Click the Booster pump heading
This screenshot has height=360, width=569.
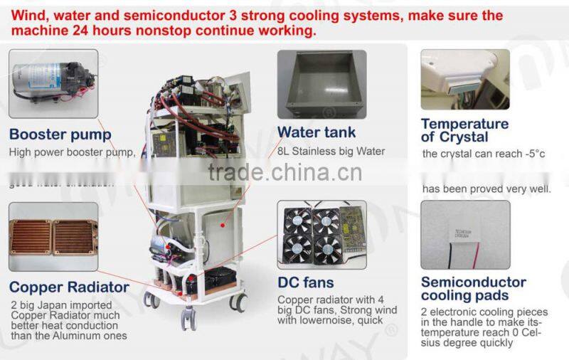[x=60, y=134]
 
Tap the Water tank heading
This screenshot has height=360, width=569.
[x=317, y=132]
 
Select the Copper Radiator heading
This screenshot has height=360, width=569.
[x=69, y=287]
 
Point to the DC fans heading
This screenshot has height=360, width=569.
[x=305, y=282]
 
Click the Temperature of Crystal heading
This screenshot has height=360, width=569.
[x=464, y=130]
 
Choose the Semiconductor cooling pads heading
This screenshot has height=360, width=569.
[x=473, y=288]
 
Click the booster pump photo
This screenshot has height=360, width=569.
[x=53, y=83]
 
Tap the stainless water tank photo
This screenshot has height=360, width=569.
[x=321, y=83]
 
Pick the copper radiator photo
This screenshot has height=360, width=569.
[x=53, y=236]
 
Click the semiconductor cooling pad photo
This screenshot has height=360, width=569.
[x=465, y=235]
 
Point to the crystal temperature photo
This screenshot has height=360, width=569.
[x=464, y=79]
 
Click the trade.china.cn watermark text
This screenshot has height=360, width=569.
[x=284, y=173]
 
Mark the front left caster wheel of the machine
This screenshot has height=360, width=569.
[x=151, y=300]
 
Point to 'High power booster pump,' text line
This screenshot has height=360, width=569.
[x=71, y=152]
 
